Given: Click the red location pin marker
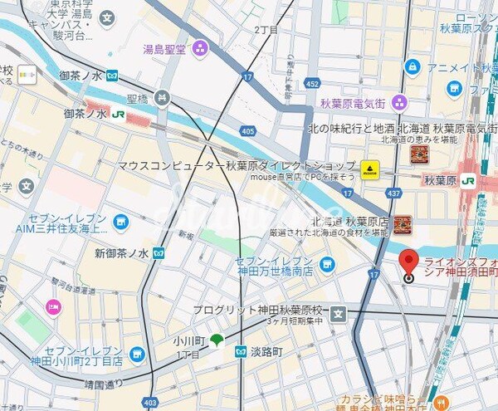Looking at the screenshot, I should [408, 263].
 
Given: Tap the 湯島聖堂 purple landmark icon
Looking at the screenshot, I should [199, 49].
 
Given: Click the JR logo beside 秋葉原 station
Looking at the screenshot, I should [468, 180].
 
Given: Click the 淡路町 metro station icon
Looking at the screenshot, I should [241, 352].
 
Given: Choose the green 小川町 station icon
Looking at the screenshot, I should [217, 339].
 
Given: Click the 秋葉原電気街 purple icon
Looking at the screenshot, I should [399, 103].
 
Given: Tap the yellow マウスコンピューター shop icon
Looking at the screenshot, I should [369, 166].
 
